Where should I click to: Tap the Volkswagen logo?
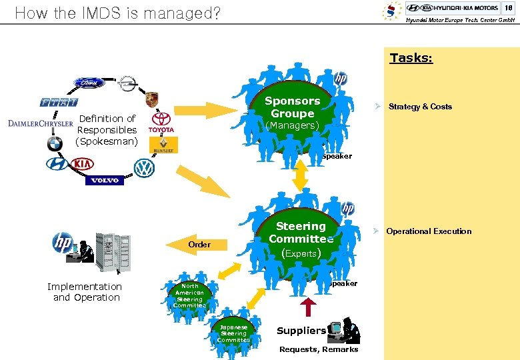pyautogui.click(x=144, y=168)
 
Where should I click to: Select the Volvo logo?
pyautogui.click(x=105, y=181)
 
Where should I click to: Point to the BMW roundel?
pyautogui.click(x=55, y=143)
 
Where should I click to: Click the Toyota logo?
pyautogui.click(x=161, y=121)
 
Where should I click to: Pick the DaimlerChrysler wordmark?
pyautogui.click(x=41, y=123)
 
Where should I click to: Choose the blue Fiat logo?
pyautogui.click(x=58, y=103)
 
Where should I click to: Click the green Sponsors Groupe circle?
pyautogui.click(x=292, y=113)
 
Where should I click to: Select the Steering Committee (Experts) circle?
pyautogui.click(x=300, y=240)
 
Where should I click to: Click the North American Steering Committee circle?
pyautogui.click(x=190, y=295)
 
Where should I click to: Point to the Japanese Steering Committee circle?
pyautogui.click(x=233, y=333)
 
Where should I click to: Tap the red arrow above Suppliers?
pyautogui.click(x=309, y=305)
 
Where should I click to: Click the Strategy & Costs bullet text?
pyautogui.click(x=419, y=107)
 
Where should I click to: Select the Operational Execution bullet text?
pyautogui.click(x=428, y=231)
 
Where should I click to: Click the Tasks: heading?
pyautogui.click(x=411, y=58)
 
